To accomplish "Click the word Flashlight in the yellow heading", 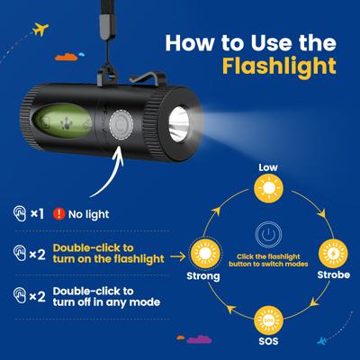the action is pyautogui.click(x=279, y=67).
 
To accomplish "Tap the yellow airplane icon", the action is pyautogui.click(x=40, y=29).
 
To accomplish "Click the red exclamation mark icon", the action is pyautogui.click(x=59, y=214).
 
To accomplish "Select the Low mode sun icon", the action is pyautogui.click(x=268, y=188).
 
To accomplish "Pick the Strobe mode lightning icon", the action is pyautogui.click(x=333, y=254).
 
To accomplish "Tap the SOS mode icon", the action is pyautogui.click(x=268, y=320).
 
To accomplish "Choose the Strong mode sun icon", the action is pyautogui.click(x=205, y=254).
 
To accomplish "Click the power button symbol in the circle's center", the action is pyautogui.click(x=268, y=235).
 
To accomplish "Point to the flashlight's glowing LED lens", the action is pyautogui.click(x=179, y=124).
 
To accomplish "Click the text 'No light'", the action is pyautogui.click(x=89, y=214).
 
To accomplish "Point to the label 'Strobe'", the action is pyautogui.click(x=334, y=274).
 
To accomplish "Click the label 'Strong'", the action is pyautogui.click(x=203, y=276).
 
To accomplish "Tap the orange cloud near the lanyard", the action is pyautogui.click(x=67, y=57).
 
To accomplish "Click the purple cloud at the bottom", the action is pyautogui.click(x=199, y=339).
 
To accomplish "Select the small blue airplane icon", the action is pyautogui.click(x=322, y=340).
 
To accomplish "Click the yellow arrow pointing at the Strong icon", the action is pyautogui.click(x=177, y=256).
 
